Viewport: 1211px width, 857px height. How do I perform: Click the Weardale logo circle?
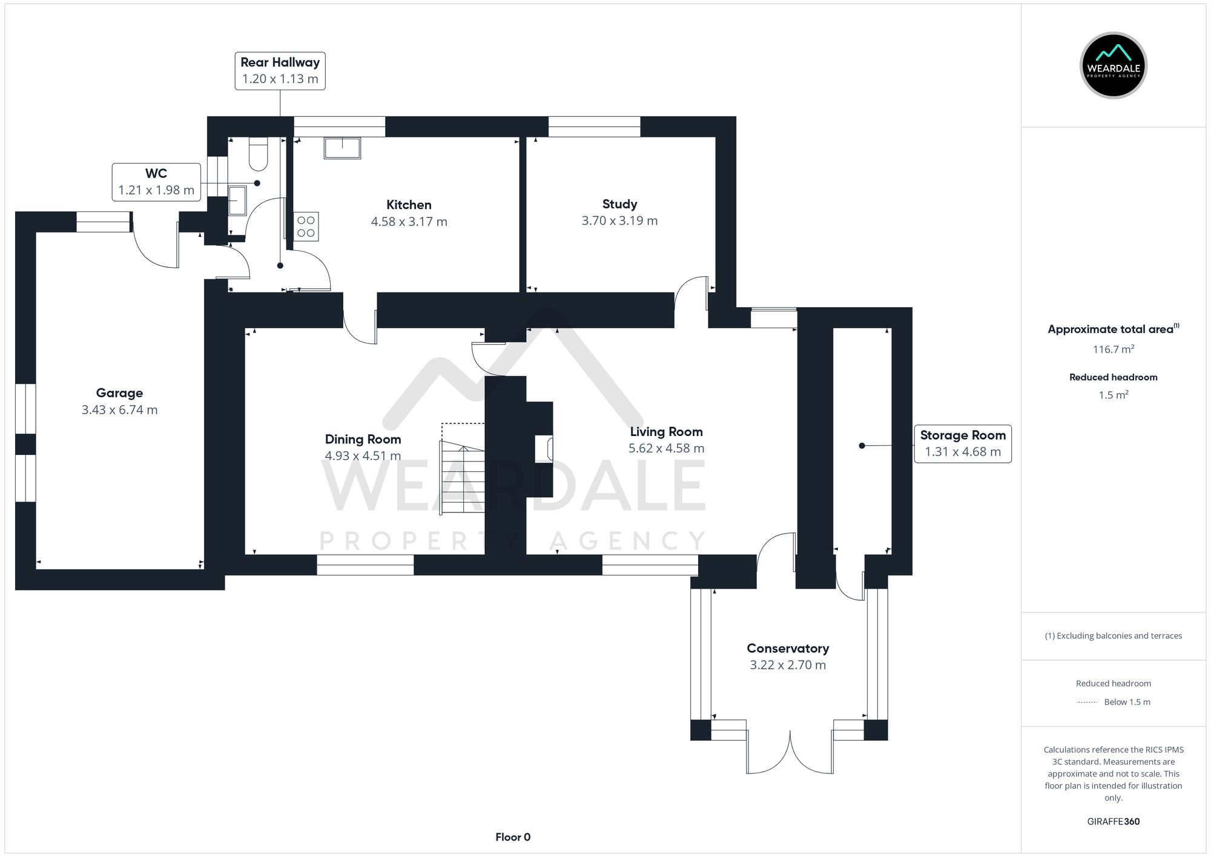(x=1113, y=65)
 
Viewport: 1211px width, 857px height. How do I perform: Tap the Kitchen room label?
(x=409, y=205)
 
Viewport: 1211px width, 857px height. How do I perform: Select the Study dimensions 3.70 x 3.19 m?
(x=619, y=221)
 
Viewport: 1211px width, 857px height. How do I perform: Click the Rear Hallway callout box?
(x=280, y=71)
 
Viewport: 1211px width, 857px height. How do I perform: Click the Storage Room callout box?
(x=962, y=444)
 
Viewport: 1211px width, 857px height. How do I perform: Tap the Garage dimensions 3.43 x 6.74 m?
(x=119, y=410)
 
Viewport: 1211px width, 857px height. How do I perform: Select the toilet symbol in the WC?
(x=259, y=154)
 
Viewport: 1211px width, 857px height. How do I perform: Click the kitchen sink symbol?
(x=342, y=148)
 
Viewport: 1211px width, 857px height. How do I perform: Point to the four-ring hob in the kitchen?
(x=306, y=227)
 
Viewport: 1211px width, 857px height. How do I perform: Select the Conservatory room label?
(x=787, y=649)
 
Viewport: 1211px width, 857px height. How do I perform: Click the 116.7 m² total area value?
(x=1113, y=349)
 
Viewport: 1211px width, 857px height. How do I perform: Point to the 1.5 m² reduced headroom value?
(x=1113, y=395)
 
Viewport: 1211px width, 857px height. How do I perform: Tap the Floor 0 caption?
(x=512, y=837)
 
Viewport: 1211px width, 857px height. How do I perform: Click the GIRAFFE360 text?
(x=1113, y=822)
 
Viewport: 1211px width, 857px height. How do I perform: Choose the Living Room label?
(x=666, y=432)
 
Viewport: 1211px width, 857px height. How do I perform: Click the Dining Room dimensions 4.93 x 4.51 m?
(x=363, y=456)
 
